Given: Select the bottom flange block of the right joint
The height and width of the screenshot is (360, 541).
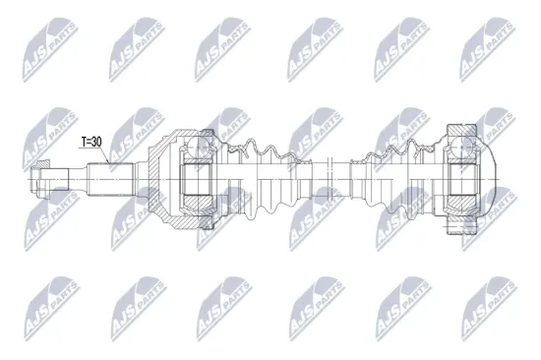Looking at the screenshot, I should (x=462, y=225).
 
